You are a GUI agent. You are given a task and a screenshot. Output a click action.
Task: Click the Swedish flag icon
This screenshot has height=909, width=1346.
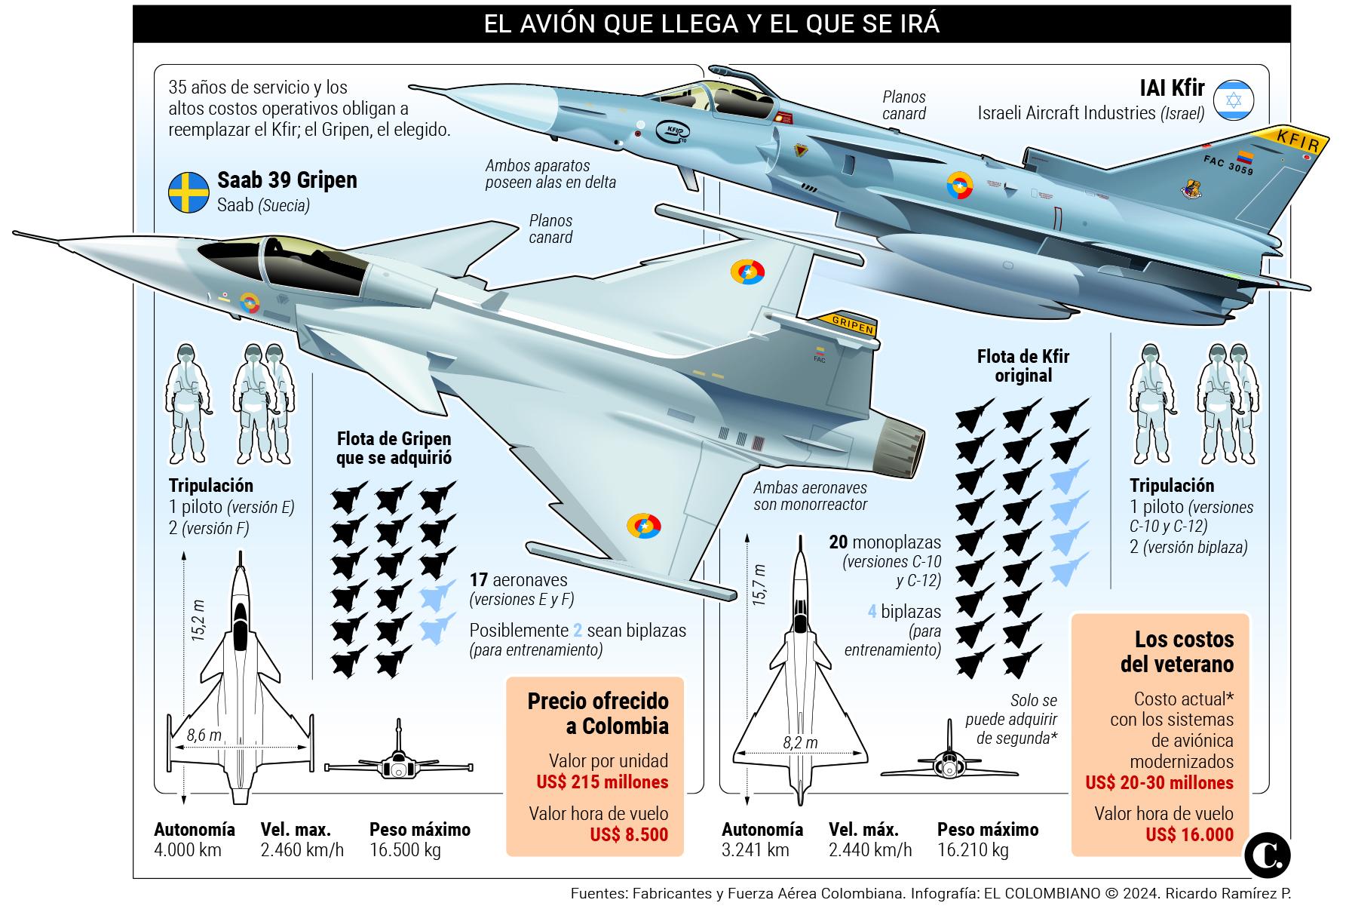pyautogui.click(x=189, y=192)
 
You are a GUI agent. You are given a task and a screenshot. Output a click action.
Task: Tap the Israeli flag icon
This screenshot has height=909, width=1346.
pyautogui.click(x=1234, y=100)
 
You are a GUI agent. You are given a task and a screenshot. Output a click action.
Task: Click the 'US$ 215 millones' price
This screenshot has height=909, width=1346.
pyautogui.click(x=602, y=782)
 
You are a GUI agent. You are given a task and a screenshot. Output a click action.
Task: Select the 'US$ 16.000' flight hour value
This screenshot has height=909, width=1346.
pyautogui.click(x=1189, y=834)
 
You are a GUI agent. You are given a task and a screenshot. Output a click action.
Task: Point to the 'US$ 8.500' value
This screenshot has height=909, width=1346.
pyautogui.click(x=629, y=834)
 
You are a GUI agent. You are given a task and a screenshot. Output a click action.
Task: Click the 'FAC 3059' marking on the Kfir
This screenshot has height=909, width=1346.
pyautogui.click(x=1228, y=166)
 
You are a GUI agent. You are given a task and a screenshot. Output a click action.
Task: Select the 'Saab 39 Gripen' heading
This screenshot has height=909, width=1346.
pyautogui.click(x=287, y=180)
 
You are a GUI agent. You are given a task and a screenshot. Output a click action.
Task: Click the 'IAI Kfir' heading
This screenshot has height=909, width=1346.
pyautogui.click(x=1171, y=89)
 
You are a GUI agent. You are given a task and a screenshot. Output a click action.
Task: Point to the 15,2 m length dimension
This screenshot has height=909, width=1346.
pyautogui.click(x=198, y=620)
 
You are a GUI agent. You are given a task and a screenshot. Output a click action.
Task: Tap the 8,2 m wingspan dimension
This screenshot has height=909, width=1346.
pyautogui.click(x=799, y=742)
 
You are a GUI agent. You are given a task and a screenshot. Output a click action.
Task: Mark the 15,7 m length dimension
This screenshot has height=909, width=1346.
pyautogui.click(x=759, y=585)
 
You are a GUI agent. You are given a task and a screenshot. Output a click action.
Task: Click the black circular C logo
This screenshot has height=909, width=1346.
pyautogui.click(x=1268, y=854)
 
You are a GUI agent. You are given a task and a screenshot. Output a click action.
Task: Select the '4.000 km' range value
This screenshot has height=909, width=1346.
pyautogui.click(x=188, y=850)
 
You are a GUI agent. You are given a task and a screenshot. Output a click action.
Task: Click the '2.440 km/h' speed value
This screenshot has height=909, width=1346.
pyautogui.click(x=869, y=850)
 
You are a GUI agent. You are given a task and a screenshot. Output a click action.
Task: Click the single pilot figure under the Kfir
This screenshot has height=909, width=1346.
pyautogui.click(x=1151, y=404)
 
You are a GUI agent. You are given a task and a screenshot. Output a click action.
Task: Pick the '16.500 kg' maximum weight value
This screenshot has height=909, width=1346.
pyautogui.click(x=405, y=850)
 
